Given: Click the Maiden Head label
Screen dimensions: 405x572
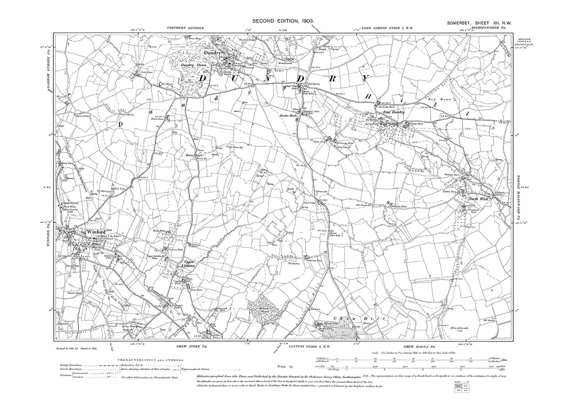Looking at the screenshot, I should point(288,116).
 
